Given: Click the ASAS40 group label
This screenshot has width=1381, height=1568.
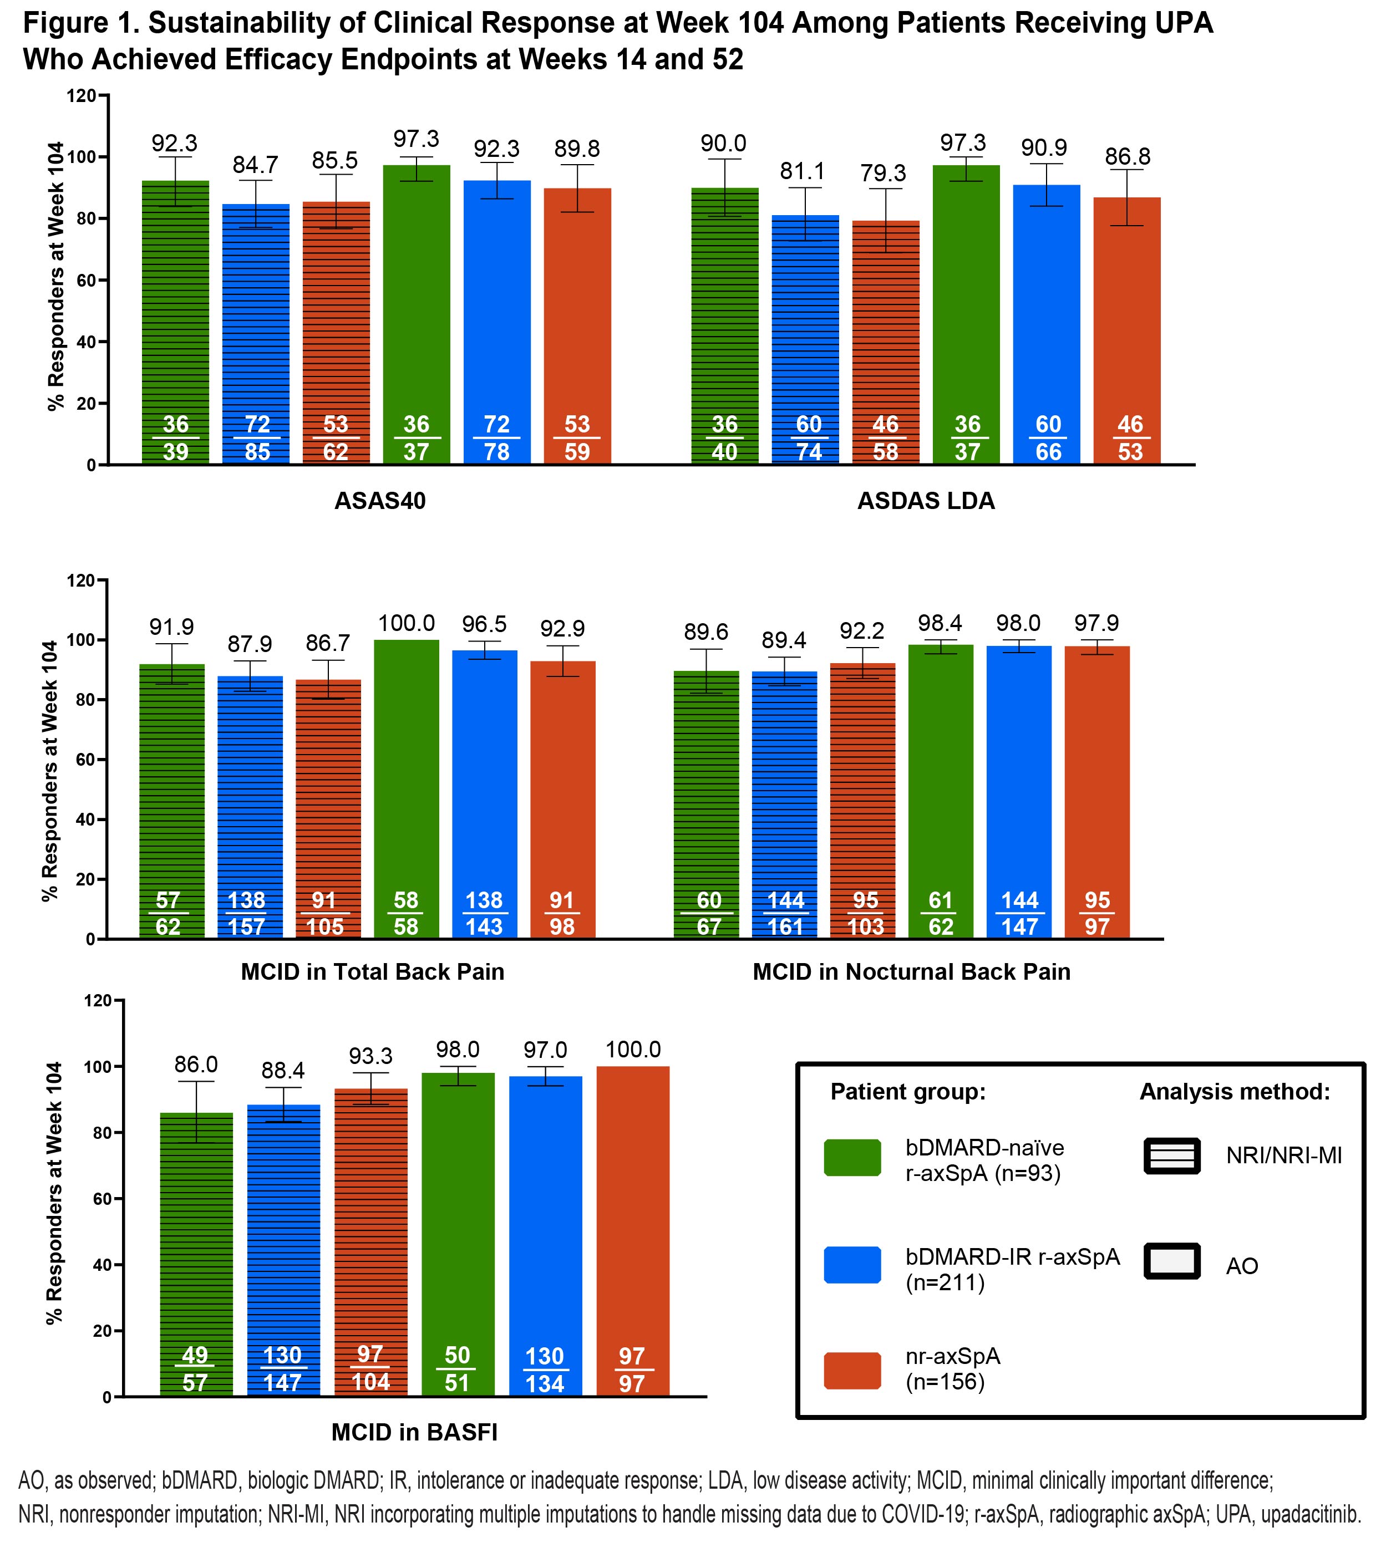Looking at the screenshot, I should click(x=380, y=501).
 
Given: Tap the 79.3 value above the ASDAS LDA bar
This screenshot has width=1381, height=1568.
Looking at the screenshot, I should click(x=883, y=174).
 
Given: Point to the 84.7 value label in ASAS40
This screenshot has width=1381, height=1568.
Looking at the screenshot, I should click(x=256, y=165).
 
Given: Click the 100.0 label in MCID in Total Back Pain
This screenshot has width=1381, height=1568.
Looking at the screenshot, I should click(x=406, y=623).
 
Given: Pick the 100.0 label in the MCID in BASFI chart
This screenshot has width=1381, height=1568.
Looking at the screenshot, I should click(x=633, y=1050).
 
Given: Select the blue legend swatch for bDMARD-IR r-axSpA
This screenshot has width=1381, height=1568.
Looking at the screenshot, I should click(x=852, y=1265).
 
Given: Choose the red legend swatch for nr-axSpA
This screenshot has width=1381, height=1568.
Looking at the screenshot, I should click(x=852, y=1370).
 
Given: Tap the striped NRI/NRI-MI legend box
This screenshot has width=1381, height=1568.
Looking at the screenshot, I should click(x=1171, y=1156).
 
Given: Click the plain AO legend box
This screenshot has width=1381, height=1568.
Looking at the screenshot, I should click(x=1171, y=1261).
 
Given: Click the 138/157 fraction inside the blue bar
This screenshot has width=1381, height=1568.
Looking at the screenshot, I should click(x=246, y=913).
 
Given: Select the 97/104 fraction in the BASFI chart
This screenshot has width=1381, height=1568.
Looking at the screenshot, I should click(x=370, y=1368).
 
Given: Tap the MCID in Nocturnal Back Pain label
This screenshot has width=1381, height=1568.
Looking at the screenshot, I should click(x=911, y=972).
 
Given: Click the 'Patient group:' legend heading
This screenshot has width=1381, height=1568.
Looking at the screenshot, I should click(x=907, y=1092).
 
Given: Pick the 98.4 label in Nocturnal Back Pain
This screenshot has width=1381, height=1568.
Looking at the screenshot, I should click(x=940, y=623).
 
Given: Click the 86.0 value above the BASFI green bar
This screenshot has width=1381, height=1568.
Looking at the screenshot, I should click(x=196, y=1065).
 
